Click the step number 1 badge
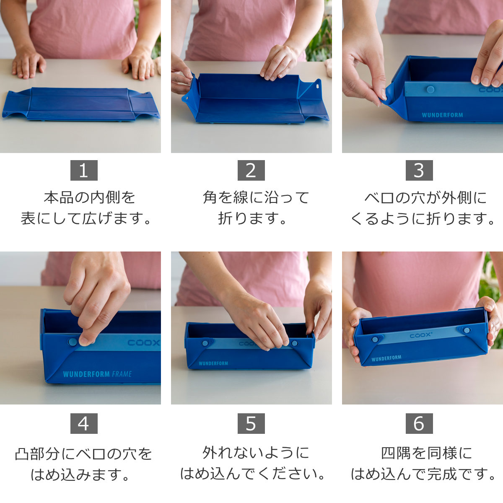click(83, 170)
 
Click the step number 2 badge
click(251, 170)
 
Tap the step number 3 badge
click(419, 170)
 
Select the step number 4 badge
click(83, 423)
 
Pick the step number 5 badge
click(251, 423)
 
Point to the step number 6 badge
click(419, 423)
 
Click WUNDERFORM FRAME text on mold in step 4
click(97, 374)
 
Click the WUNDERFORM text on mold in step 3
click(442, 114)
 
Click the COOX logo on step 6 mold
click(418, 336)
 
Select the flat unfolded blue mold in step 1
click(80, 104)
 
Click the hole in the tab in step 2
click(317, 87)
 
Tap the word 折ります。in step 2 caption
click(252, 218)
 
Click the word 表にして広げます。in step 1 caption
click(86, 218)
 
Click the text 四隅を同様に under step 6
click(426, 452)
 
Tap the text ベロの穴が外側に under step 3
click(425, 197)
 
